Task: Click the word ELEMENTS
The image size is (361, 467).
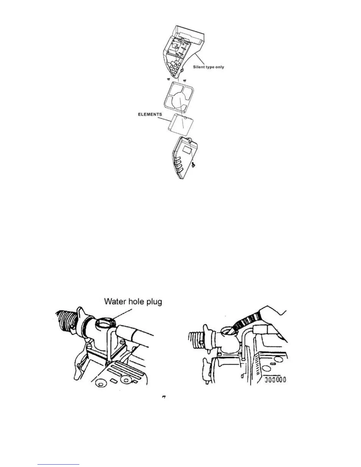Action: click(x=150, y=114)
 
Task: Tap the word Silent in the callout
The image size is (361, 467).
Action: click(x=199, y=67)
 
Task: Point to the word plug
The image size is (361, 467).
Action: click(x=152, y=302)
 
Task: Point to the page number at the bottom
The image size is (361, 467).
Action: click(x=164, y=398)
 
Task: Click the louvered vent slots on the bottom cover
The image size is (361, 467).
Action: click(x=178, y=166)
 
